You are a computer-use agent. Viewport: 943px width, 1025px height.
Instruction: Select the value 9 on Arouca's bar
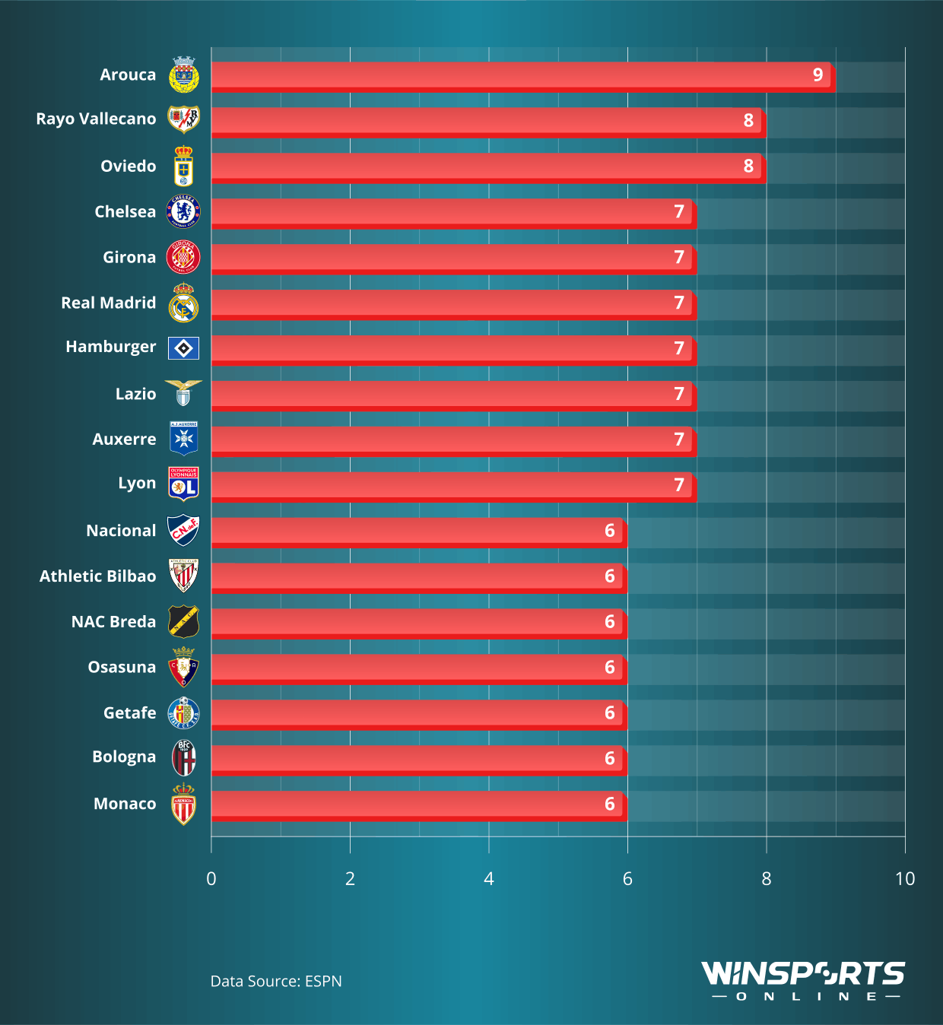click(818, 75)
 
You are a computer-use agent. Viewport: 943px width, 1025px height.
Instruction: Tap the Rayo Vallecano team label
click(96, 119)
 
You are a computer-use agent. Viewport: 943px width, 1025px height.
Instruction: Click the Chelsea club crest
click(183, 212)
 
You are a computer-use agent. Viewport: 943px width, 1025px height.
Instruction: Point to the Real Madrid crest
click(183, 303)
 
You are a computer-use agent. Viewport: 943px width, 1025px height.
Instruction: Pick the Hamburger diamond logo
click(183, 348)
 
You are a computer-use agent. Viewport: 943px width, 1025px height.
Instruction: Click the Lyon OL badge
click(183, 484)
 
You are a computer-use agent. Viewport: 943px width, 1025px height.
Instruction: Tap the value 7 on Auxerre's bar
click(679, 440)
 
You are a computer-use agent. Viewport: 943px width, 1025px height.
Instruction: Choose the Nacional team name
click(121, 531)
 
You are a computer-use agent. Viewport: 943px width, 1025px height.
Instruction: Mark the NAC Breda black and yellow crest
click(183, 622)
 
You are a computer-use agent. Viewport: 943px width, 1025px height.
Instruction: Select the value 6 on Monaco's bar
click(609, 804)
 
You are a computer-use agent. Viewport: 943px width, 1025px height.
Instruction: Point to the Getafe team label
click(129, 713)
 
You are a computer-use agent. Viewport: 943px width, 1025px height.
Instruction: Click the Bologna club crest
click(183, 758)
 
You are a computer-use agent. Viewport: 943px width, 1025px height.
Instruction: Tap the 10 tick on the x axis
click(904, 879)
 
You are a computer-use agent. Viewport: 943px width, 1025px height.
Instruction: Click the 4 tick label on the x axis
click(488, 879)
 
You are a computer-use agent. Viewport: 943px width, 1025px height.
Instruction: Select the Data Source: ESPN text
click(276, 982)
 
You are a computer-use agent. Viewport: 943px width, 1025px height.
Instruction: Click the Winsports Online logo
click(803, 981)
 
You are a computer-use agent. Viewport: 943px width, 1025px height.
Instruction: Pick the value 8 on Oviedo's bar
click(748, 167)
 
